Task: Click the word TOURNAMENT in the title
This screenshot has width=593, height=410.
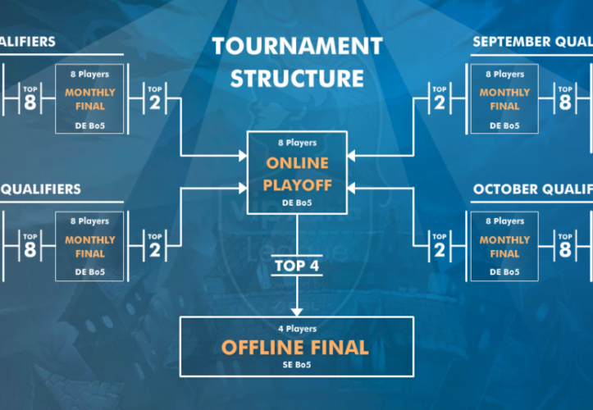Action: (x=296, y=47)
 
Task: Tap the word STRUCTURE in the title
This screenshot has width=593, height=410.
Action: (x=296, y=79)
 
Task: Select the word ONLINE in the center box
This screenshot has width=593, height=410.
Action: (x=296, y=163)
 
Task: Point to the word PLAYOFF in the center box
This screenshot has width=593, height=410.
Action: (x=297, y=185)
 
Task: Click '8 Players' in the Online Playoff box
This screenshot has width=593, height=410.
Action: (x=296, y=143)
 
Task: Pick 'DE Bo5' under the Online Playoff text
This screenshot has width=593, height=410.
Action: (x=296, y=203)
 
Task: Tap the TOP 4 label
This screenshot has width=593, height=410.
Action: (x=297, y=265)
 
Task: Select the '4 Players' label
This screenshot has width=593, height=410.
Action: (x=297, y=326)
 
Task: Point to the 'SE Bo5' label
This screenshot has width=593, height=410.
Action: (x=297, y=365)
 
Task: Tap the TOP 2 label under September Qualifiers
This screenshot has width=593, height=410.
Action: (x=440, y=99)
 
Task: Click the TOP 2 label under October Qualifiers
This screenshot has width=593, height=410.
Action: (x=440, y=246)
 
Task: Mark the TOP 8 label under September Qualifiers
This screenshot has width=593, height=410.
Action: (x=564, y=99)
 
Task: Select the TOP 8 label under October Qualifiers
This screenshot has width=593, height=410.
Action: (x=564, y=246)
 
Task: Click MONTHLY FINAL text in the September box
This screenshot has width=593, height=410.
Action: (x=504, y=99)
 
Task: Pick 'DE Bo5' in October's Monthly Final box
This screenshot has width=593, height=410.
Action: (x=504, y=271)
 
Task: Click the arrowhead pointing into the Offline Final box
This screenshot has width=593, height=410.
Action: (x=297, y=312)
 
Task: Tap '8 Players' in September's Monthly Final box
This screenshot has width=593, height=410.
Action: (x=504, y=74)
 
